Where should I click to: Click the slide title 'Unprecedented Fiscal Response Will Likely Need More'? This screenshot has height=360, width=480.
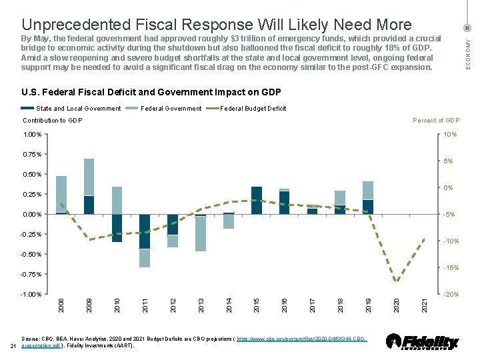click(216, 25)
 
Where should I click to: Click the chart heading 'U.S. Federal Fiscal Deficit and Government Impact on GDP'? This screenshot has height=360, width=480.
click(152, 92)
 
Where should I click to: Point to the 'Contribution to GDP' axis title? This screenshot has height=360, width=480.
click(53, 121)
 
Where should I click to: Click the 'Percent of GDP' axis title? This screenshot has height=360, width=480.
click(436, 121)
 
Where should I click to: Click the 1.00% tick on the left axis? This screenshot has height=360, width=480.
click(31, 135)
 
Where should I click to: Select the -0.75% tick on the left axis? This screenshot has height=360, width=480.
click(30, 275)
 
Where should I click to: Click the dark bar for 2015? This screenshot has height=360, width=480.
click(257, 201)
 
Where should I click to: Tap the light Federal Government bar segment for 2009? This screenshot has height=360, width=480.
click(89, 177)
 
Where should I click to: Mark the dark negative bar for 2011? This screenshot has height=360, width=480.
click(145, 231)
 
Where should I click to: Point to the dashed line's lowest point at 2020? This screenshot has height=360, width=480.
click(396, 281)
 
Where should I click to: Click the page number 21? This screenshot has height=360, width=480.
click(14, 347)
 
